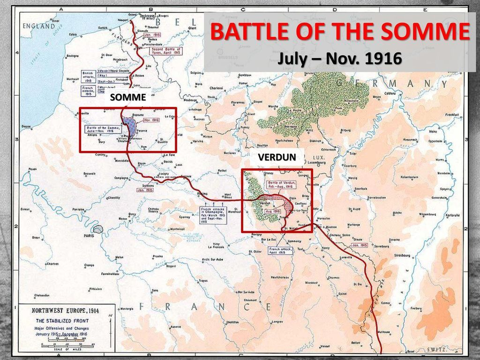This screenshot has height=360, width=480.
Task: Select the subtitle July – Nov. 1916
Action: point(340,59)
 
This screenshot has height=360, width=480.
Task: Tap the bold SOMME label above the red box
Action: point(128,97)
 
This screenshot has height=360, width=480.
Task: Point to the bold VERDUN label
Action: point(277,157)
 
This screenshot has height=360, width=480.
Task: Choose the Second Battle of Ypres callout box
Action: point(166,50)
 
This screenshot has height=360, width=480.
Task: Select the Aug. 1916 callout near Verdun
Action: point(273,212)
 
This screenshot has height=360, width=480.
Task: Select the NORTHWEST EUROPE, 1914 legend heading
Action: point(66,311)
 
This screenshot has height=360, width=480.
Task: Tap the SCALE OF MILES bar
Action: point(66,345)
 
